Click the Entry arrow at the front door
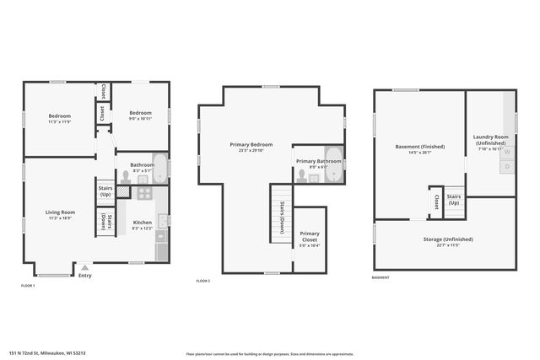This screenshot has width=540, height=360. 84,267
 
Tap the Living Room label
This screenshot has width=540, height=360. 61,212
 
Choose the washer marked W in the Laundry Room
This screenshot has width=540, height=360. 507,153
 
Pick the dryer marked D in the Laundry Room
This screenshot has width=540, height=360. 507,167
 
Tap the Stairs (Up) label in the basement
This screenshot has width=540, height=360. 454,199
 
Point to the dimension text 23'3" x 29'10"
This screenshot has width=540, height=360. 251,151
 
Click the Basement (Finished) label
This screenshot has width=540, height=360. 419,147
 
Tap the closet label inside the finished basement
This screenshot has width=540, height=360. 435,202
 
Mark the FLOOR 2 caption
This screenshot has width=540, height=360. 202,281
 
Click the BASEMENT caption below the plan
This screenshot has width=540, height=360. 381,277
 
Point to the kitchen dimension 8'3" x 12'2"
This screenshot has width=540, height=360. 142,228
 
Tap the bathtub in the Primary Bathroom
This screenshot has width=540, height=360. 332,167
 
